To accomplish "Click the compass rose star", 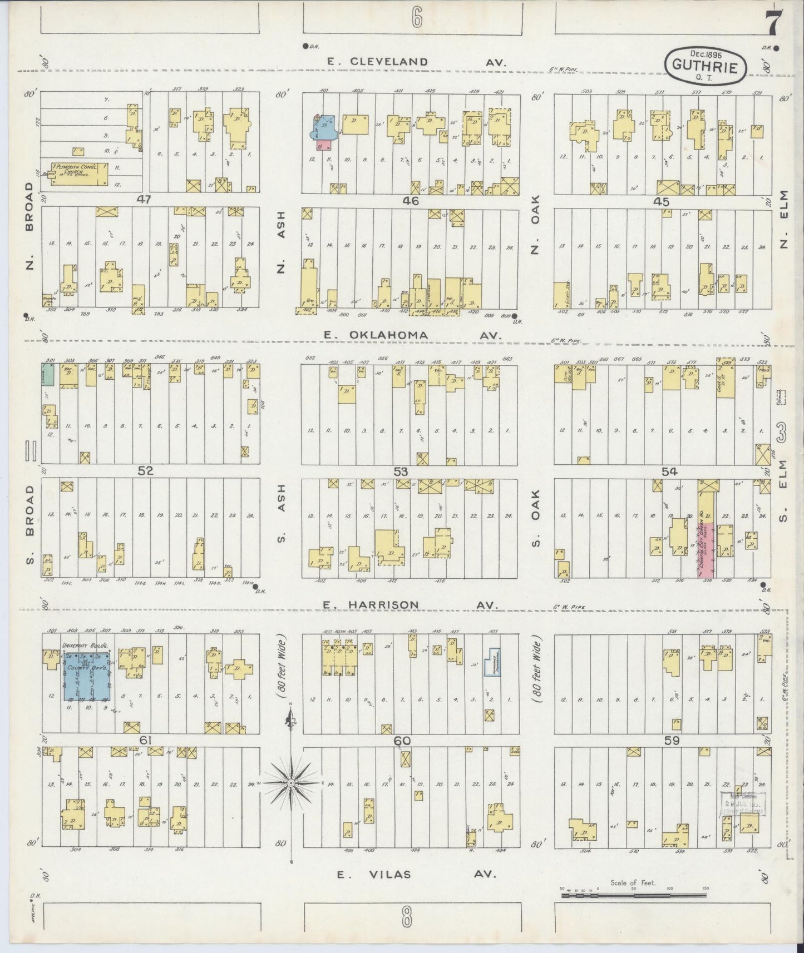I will click(290, 783).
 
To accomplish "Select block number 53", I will click(401, 472).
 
